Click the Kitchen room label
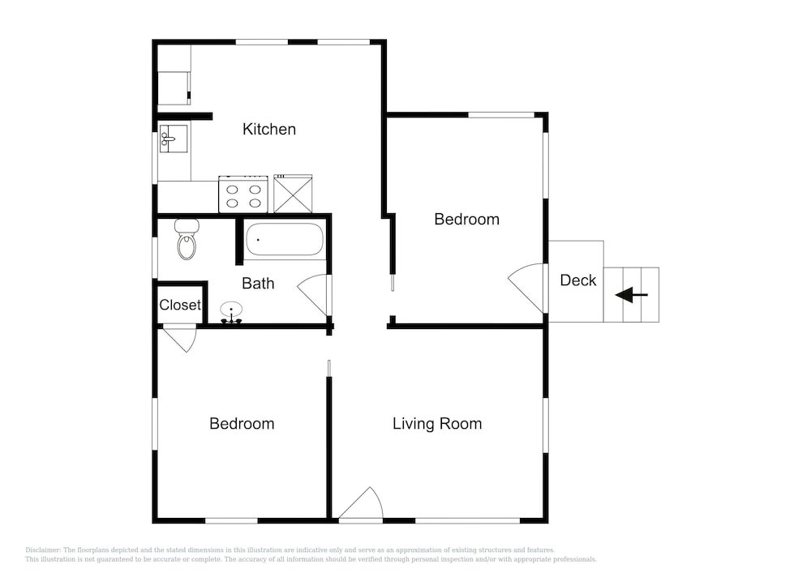269,129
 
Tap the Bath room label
258,284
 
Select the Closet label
180,306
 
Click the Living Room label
437,424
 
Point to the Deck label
578,280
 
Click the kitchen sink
173,138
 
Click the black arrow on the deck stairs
631,295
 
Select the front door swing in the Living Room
363,504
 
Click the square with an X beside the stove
293,195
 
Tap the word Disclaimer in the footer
42,549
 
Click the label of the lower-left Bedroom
242,424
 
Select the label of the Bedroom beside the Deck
466,219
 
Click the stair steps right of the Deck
641,294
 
